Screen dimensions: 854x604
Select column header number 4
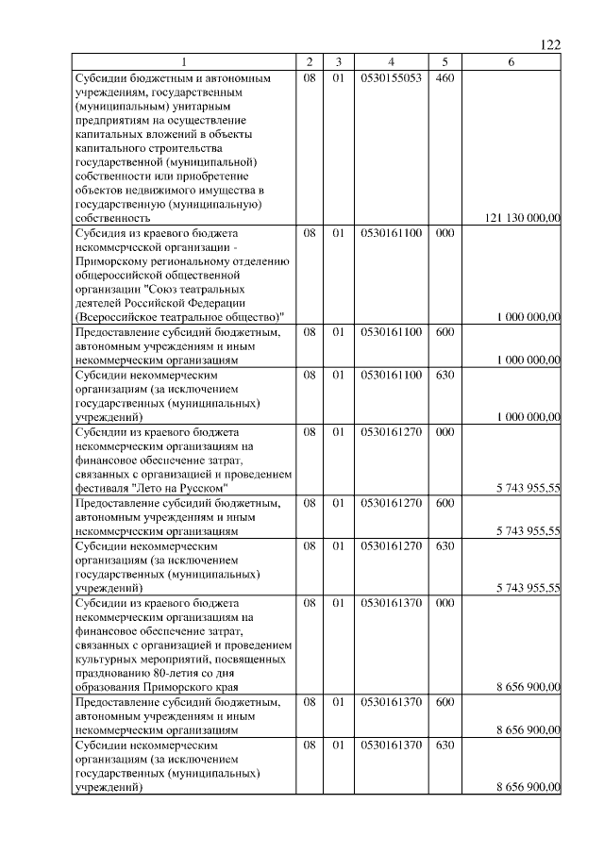pyautogui.click(x=390, y=62)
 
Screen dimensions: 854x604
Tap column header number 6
pyautogui.click(x=511, y=62)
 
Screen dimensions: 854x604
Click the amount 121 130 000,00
pyautogui.click(x=523, y=218)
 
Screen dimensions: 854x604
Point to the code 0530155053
pyautogui.click(x=390, y=78)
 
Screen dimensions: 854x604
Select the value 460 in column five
pyautogui.click(x=445, y=78)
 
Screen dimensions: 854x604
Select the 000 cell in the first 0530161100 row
pyautogui.click(x=445, y=232)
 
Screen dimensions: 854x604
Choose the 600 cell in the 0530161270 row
pyautogui.click(x=445, y=503)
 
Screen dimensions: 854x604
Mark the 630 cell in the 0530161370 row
pyautogui.click(x=445, y=745)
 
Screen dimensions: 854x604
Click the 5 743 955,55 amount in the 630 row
pyautogui.click(x=528, y=588)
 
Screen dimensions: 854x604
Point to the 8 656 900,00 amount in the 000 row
pyautogui.click(x=528, y=686)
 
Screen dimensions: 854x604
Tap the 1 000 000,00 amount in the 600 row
pyautogui.click(x=528, y=360)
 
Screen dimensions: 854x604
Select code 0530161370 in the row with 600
pyautogui.click(x=390, y=702)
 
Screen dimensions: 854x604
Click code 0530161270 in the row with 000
pyautogui.click(x=390, y=431)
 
